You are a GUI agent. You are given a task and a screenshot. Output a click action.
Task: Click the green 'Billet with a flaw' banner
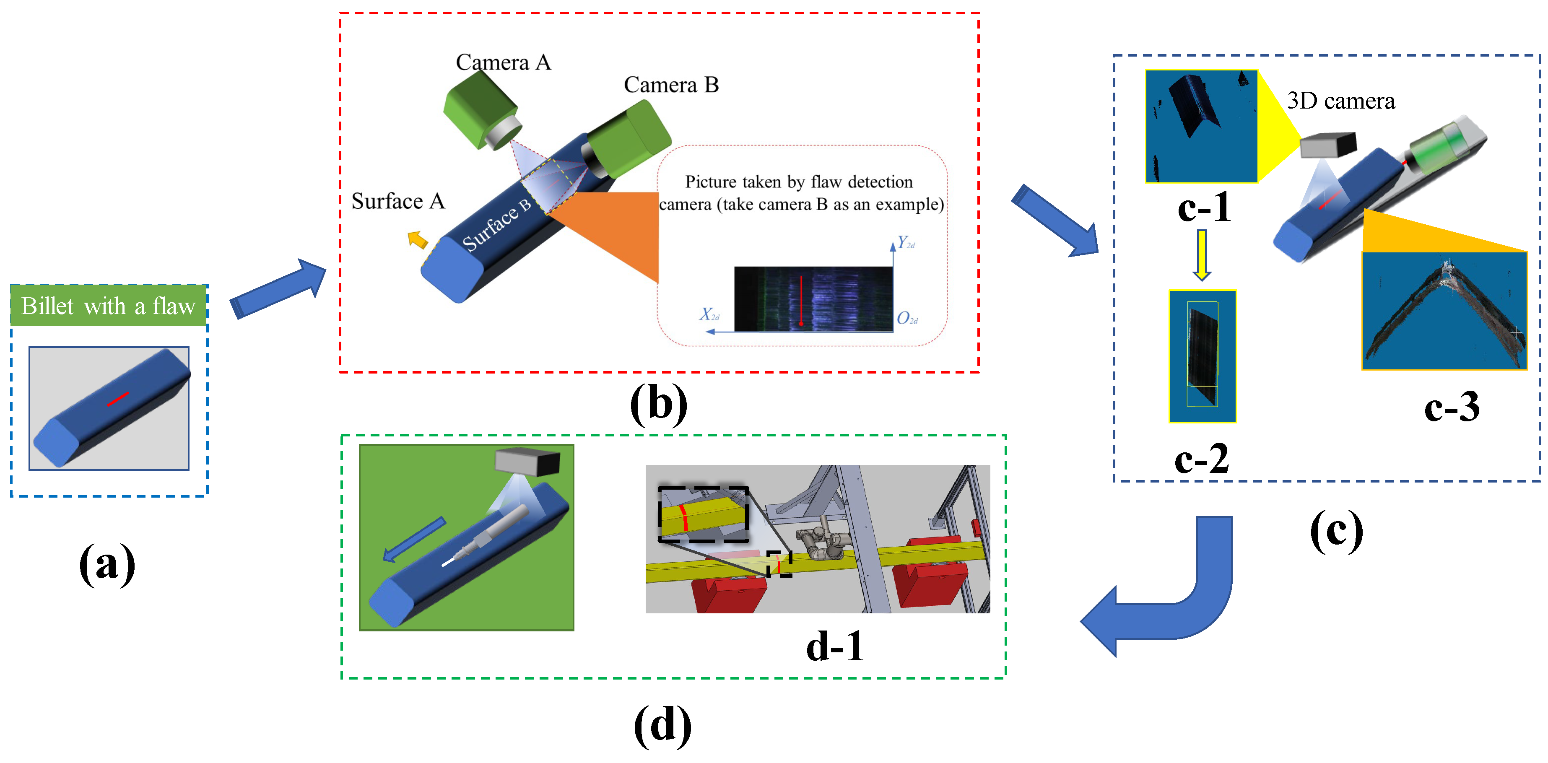click(x=108, y=306)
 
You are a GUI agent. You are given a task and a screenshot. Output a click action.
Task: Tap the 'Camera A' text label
click(x=503, y=62)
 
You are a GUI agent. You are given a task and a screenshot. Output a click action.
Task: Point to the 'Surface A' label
click(x=398, y=201)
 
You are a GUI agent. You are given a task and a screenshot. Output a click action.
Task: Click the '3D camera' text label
click(x=1341, y=101)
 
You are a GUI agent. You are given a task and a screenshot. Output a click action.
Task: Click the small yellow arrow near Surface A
click(x=418, y=240)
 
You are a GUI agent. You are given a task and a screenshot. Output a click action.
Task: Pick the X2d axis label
click(x=709, y=314)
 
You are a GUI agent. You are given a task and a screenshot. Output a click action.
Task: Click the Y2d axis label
click(x=906, y=243)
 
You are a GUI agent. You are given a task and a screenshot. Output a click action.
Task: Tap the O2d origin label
click(x=906, y=319)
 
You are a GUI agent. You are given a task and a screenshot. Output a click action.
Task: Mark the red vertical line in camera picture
click(x=801, y=301)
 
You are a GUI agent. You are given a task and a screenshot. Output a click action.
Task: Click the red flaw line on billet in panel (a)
click(x=118, y=398)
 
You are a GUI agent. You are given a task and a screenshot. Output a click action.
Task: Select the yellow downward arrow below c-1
click(x=1201, y=255)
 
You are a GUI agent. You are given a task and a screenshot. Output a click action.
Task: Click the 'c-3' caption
click(x=1451, y=407)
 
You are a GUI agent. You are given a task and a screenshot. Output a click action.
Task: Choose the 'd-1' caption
click(x=835, y=647)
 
